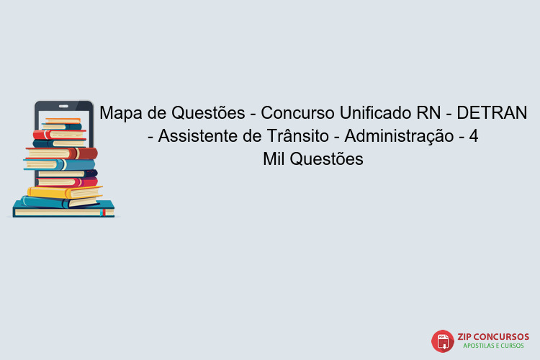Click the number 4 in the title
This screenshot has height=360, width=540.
(474, 136)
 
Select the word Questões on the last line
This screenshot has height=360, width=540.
(328, 159)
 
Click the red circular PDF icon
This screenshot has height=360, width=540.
(442, 341)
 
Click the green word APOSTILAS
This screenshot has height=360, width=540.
(478, 347)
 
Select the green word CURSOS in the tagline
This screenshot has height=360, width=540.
(516, 347)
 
